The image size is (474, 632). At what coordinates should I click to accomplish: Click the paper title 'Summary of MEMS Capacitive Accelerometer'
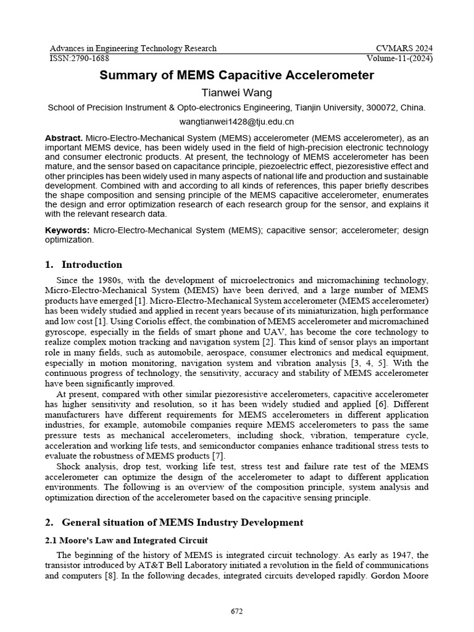(237, 75)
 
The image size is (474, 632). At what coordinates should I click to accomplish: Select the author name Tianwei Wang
(237, 93)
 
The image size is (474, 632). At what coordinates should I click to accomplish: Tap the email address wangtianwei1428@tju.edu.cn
(237, 122)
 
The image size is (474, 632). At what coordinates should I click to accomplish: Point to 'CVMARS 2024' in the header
(404, 49)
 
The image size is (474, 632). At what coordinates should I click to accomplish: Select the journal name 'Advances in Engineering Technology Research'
(133, 49)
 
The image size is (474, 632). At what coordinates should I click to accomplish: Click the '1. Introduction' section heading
(84, 265)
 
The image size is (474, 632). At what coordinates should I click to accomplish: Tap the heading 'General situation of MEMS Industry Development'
(183, 523)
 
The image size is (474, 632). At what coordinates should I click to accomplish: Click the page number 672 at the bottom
(237, 612)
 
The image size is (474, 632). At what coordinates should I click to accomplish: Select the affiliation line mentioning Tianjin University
(237, 107)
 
